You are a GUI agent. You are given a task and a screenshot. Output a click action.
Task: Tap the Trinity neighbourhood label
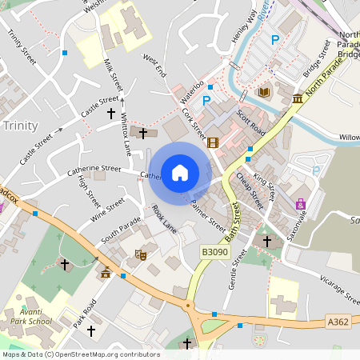pyautogui.click(x=20, y=126)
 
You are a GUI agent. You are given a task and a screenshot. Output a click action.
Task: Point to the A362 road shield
pyautogui.click(x=338, y=321)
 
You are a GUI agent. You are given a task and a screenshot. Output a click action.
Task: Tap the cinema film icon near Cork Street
pyautogui.click(x=212, y=143)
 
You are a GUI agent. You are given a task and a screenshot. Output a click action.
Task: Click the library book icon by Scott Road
pyautogui.click(x=263, y=93)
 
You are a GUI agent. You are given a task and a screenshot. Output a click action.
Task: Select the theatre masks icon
pyautogui.click(x=142, y=255)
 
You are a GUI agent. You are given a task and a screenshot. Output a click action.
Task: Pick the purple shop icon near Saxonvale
pyautogui.click(x=300, y=204)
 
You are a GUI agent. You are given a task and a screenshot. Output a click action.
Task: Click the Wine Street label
pyautogui.click(x=108, y=210)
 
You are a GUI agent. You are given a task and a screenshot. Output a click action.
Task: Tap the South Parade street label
pyautogui.click(x=120, y=230)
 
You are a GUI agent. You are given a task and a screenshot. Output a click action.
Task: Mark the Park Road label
pyautogui.click(x=83, y=311)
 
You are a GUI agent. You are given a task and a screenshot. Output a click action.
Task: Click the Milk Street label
pyautogui.click(x=114, y=74)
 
